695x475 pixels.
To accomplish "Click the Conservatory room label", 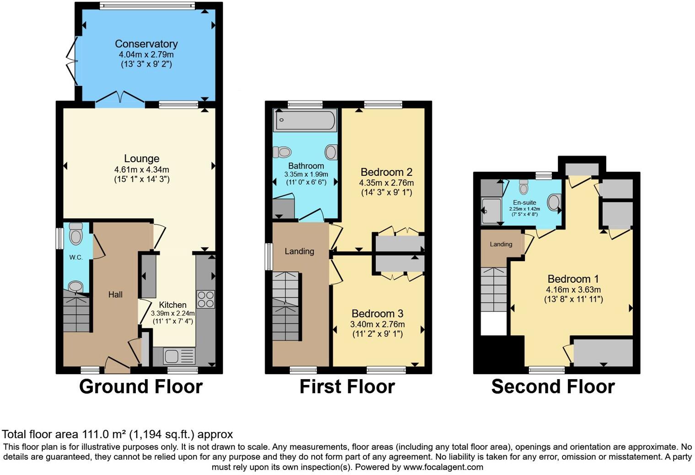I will click(x=146, y=44).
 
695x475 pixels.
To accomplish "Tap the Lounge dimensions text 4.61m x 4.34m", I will click(x=141, y=169).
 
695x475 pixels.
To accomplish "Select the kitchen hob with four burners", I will click(x=205, y=299).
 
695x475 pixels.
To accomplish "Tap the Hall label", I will click(x=115, y=295).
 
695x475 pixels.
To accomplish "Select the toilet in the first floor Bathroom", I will click(x=282, y=152).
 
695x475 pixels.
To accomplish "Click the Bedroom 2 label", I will click(x=386, y=172).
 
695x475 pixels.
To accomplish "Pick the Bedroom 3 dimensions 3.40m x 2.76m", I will click(x=377, y=324).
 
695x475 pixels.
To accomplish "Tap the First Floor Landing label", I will click(x=299, y=251).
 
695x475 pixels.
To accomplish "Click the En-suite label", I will click(x=524, y=202).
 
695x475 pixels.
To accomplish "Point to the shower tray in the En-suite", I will click(x=491, y=211).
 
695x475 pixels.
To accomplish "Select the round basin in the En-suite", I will click(x=554, y=202).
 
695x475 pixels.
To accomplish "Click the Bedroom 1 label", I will click(x=573, y=279).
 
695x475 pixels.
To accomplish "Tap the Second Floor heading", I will click(x=553, y=387).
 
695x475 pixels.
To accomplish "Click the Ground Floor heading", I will click(x=141, y=387).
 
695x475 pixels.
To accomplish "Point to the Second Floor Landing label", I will click(x=501, y=244).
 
